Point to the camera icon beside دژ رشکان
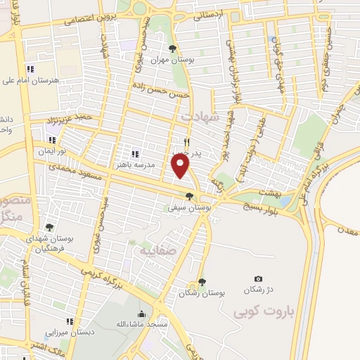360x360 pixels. click(258, 280)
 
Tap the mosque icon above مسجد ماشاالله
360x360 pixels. click(141, 314)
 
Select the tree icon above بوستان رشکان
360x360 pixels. click(202, 282)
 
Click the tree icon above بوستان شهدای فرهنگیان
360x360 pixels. click(49, 227)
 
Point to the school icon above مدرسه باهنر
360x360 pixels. click(135, 153)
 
